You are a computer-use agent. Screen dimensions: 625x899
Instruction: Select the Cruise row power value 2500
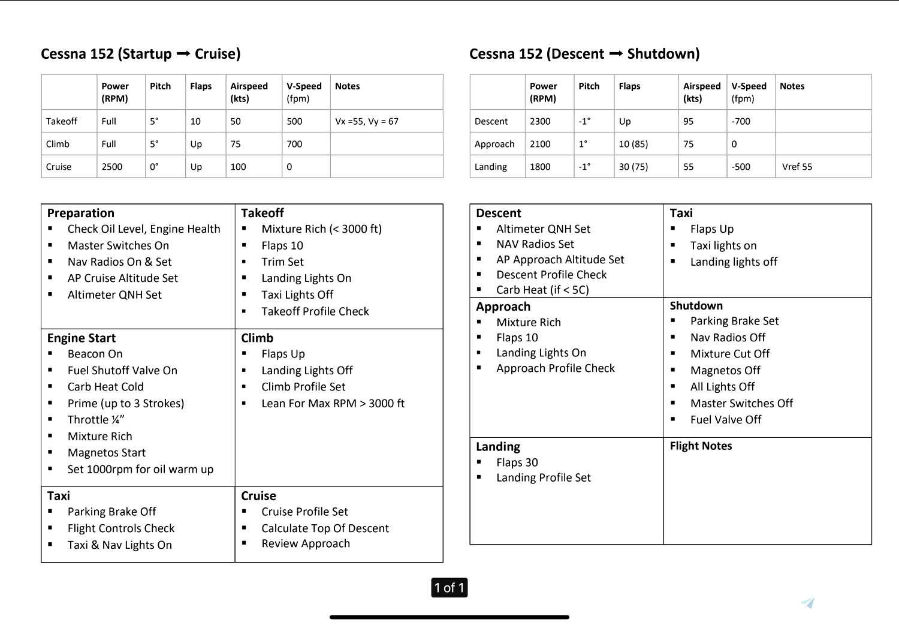tap(112, 167)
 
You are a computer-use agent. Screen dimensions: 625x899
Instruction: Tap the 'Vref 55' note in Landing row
tap(797, 167)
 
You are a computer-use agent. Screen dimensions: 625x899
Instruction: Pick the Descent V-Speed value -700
tap(741, 121)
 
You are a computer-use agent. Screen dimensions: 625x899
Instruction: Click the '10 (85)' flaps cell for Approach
tap(633, 144)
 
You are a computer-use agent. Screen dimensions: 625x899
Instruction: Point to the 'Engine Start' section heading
tap(82, 338)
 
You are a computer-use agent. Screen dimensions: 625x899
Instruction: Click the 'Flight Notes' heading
tap(701, 446)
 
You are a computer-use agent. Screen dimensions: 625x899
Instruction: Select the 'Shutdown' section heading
tap(696, 305)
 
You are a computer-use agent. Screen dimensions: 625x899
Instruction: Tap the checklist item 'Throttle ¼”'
tap(96, 420)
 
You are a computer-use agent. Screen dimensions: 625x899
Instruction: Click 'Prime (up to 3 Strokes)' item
tap(126, 403)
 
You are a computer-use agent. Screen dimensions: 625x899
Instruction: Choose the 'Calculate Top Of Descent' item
tap(325, 528)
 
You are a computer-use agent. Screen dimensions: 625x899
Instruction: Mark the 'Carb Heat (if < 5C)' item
tap(542, 290)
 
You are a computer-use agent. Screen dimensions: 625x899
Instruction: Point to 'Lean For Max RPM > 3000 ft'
tap(333, 404)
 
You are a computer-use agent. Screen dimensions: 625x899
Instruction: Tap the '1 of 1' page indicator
tap(450, 588)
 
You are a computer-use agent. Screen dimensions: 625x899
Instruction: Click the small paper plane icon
tap(808, 603)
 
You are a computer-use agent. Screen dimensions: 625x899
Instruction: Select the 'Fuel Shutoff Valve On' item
tap(122, 371)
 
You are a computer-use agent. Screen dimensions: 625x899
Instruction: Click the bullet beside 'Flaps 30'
tap(479, 462)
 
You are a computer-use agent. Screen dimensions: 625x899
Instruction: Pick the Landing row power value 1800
tap(540, 167)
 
